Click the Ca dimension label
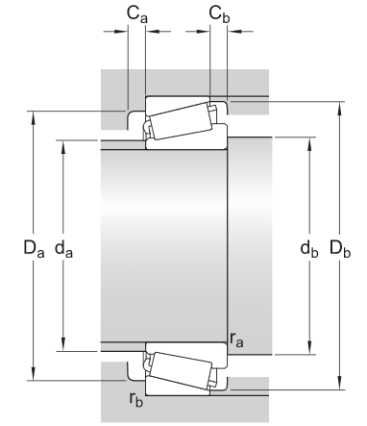137,14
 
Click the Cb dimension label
219,14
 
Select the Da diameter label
34,249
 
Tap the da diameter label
63,249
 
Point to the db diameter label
309,249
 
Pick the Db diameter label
340,249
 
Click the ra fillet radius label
236,339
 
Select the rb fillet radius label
135,399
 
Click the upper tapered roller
181,121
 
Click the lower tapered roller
181,370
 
